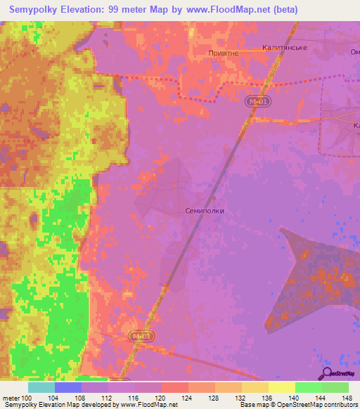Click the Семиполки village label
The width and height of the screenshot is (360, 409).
pos(205,210)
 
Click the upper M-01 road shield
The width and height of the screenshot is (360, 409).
pos(257,102)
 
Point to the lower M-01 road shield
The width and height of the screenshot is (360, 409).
pos(141,337)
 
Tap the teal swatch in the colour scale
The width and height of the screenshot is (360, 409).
pos(41,387)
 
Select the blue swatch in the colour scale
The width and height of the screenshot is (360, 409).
pos(67,387)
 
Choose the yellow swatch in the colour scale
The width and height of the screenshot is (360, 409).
pos(281,387)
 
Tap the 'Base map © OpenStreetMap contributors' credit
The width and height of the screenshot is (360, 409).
pos(298,405)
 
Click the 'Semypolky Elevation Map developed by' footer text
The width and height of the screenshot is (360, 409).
pos(59,405)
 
